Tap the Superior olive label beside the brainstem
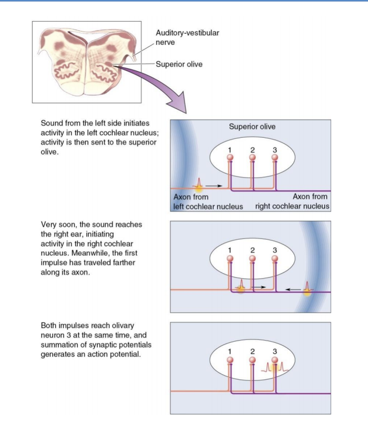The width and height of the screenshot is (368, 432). point(179,65)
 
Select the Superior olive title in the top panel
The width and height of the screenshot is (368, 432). point(252,127)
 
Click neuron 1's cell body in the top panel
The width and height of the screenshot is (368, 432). point(230,157)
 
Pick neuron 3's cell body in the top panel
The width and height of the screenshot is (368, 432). point(275,157)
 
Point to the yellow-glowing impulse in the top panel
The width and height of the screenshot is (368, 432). point(199,186)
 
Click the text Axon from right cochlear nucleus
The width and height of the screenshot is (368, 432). point(293,202)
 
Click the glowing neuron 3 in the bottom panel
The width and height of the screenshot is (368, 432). point(275,360)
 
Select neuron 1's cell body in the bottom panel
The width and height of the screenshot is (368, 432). point(230,360)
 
